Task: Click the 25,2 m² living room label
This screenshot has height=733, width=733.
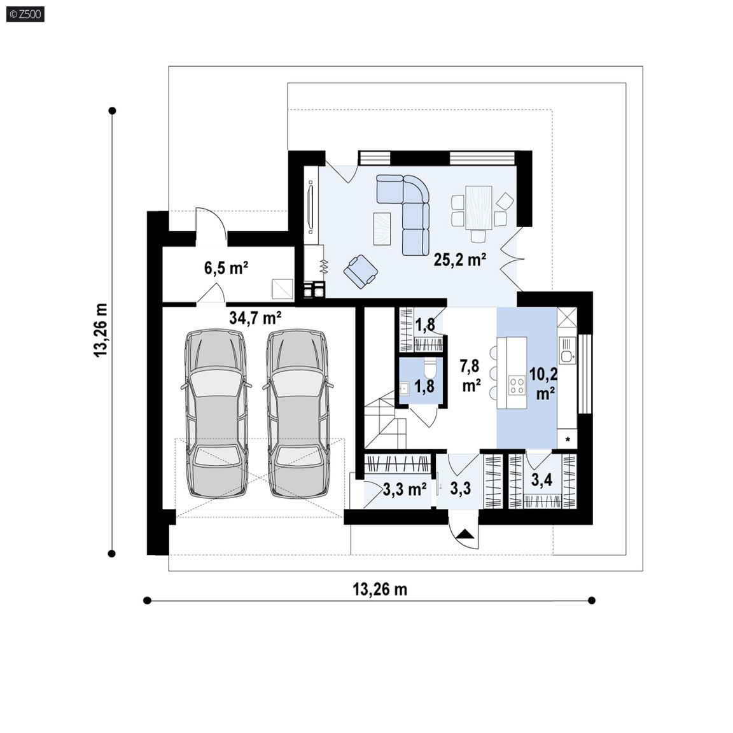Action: [460, 260]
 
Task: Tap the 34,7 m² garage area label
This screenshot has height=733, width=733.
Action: [255, 318]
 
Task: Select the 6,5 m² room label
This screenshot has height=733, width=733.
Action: [226, 268]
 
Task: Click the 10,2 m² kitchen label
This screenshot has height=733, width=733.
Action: [543, 383]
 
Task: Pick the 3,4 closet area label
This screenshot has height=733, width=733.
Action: [542, 480]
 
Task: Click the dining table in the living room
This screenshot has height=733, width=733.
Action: [478, 207]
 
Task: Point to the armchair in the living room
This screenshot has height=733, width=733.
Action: [360, 271]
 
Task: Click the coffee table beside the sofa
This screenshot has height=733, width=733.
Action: [382, 228]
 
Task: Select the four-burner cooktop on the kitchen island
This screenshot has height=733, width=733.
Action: [517, 386]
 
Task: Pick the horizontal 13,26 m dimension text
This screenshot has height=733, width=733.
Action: [380, 589]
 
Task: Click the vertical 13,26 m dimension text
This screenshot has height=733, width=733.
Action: [101, 330]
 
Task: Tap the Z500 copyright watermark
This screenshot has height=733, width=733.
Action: [25, 15]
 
